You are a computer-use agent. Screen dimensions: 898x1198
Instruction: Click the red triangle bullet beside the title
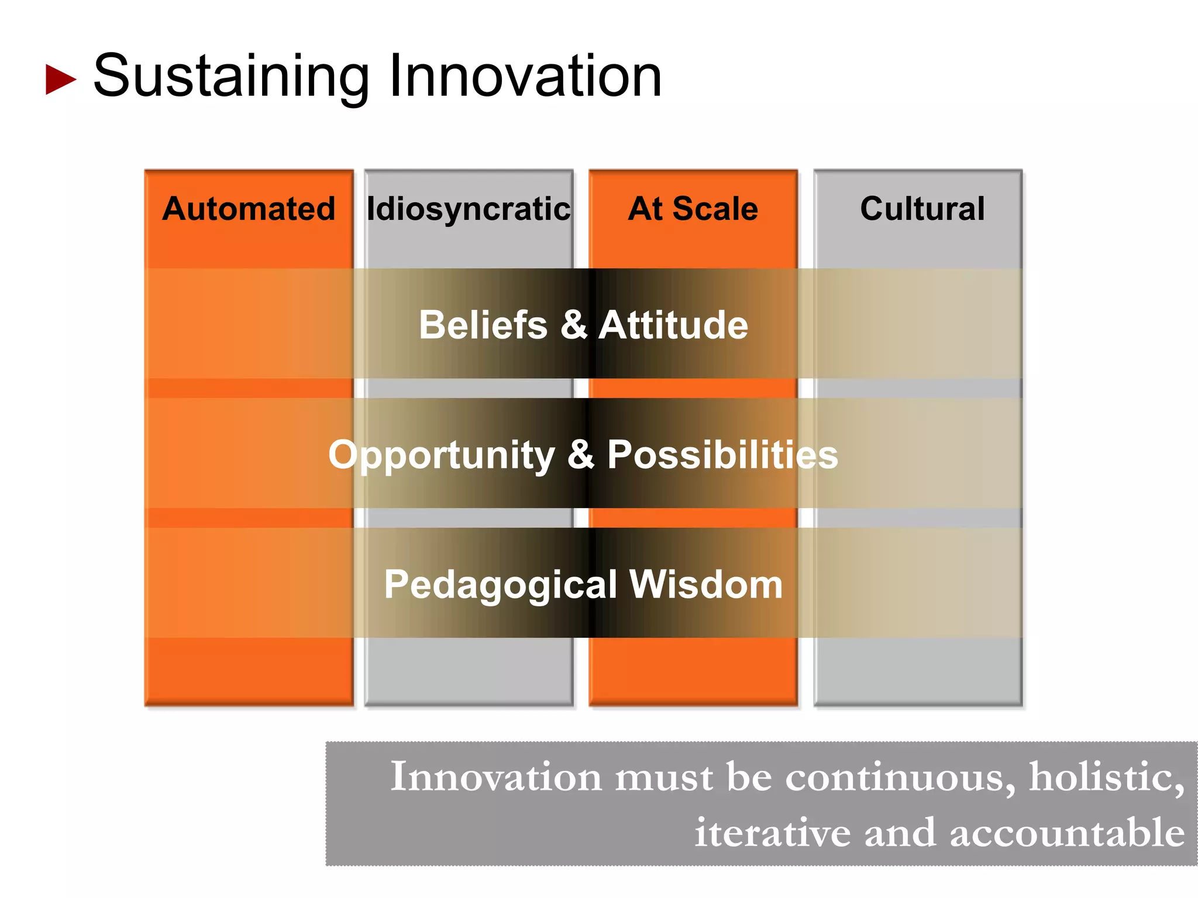click(60, 80)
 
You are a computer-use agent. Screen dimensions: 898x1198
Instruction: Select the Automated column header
click(249, 209)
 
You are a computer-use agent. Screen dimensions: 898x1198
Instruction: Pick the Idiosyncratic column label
click(468, 209)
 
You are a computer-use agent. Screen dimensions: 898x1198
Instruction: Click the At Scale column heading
click(693, 209)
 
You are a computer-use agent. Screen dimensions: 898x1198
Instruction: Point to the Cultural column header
click(922, 209)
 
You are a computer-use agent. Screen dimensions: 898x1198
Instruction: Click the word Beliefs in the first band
click(483, 324)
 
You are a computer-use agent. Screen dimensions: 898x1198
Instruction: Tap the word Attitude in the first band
click(673, 324)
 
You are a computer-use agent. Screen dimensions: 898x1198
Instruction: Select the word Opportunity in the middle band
click(442, 455)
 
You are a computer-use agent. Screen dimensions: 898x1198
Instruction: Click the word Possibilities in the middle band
click(722, 455)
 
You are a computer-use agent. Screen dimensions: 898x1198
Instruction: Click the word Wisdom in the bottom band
click(706, 585)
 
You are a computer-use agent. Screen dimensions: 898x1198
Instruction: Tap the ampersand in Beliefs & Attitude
click(574, 324)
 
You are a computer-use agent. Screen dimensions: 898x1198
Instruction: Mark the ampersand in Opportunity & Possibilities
click(581, 455)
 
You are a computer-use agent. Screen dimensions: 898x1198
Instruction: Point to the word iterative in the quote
click(772, 833)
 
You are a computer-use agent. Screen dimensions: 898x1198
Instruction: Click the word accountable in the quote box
click(1067, 833)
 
